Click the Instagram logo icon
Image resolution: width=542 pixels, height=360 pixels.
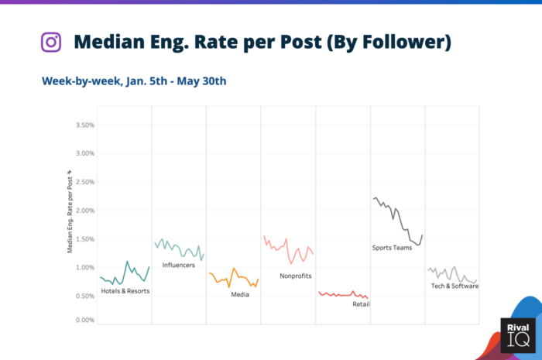coord(51,41)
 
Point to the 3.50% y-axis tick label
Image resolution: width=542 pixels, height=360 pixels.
coord(82,125)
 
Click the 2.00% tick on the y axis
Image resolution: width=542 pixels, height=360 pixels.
coord(82,211)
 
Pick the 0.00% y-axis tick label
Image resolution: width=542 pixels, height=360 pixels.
coord(82,320)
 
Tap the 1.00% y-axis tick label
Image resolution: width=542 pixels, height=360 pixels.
coord(82,268)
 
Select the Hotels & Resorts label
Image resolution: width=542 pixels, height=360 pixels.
coord(125,292)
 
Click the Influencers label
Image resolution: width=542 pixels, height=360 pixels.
coord(178,266)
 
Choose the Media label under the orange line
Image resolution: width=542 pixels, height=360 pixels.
coord(240,294)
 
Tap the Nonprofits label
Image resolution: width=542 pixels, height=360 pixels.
coord(296,276)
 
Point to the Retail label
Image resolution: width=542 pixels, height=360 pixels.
coord(361,304)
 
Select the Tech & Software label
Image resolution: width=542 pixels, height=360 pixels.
coord(455,286)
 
